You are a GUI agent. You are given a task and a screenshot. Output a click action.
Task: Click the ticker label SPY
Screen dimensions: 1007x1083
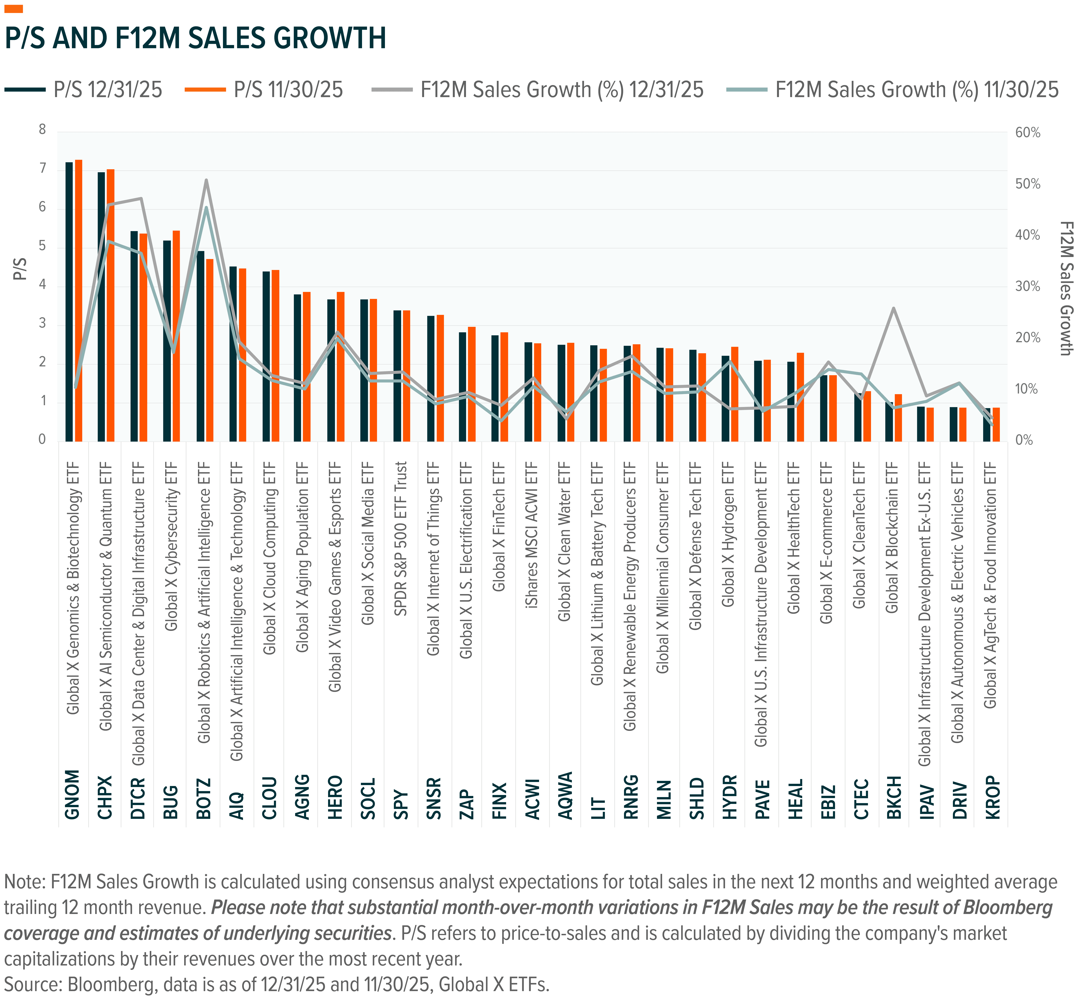tap(401, 804)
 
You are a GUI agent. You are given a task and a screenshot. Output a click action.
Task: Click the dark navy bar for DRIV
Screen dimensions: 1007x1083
tap(953, 424)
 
